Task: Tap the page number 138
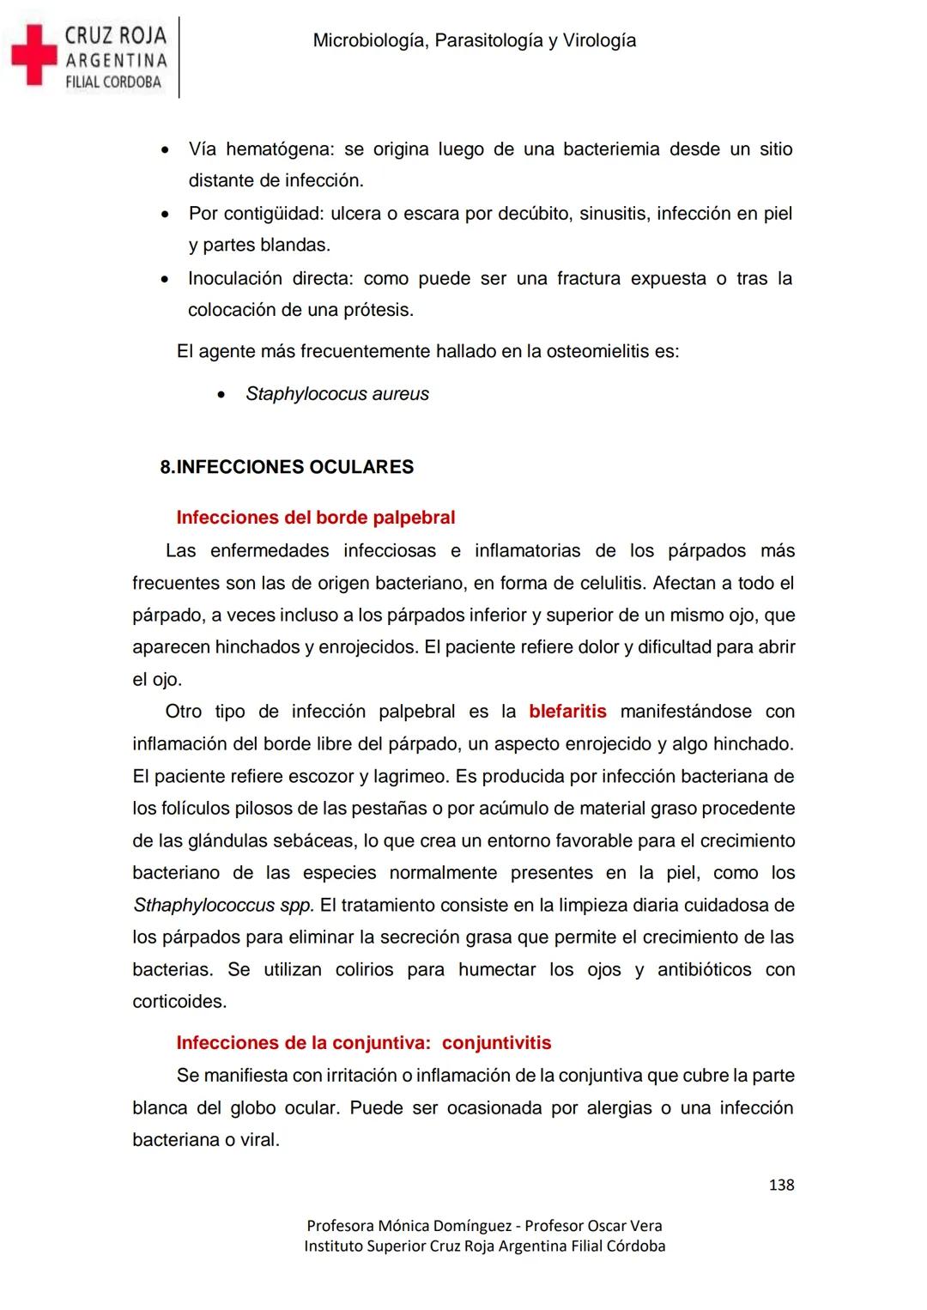(x=781, y=1185)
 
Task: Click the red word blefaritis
(x=567, y=712)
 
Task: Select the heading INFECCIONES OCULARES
(x=294, y=467)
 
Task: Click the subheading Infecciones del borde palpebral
(x=315, y=518)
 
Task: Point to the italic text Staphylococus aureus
(x=337, y=394)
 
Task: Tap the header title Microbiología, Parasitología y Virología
(x=474, y=40)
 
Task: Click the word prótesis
(x=378, y=310)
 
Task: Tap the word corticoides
(x=179, y=1002)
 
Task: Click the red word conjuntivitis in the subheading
(x=496, y=1043)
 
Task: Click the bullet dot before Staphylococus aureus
(x=221, y=395)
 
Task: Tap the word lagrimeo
(x=410, y=776)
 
